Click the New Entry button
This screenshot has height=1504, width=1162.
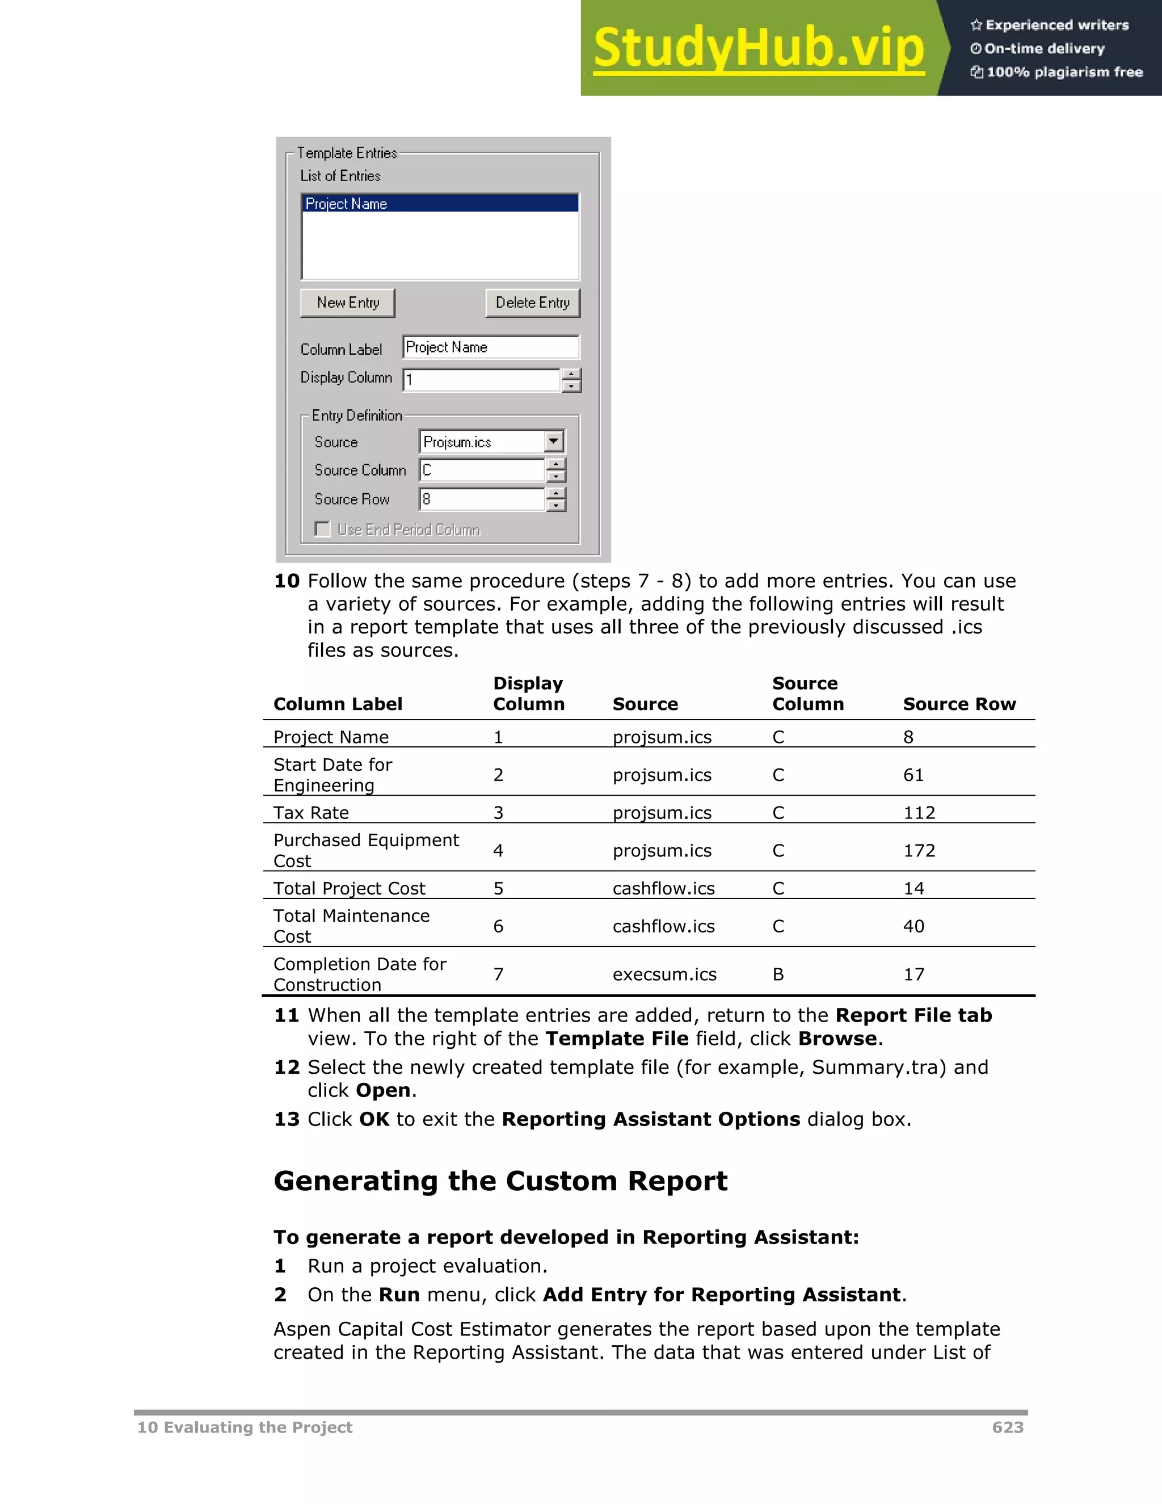click(348, 303)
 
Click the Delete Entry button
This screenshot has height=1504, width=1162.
click(532, 303)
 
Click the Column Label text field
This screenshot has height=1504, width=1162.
click(490, 347)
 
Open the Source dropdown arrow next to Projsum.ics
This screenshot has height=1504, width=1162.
click(553, 442)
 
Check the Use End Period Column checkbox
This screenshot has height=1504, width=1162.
click(322, 529)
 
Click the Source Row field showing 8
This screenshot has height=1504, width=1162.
click(482, 499)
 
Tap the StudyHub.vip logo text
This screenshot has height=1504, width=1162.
click(758, 48)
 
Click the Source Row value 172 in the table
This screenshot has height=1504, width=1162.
click(919, 851)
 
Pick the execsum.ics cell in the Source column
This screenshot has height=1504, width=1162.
click(664, 974)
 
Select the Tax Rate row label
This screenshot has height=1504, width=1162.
click(311, 813)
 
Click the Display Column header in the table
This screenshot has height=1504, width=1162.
click(529, 694)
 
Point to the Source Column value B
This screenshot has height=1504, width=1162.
click(778, 974)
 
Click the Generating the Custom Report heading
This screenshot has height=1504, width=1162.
click(500, 1181)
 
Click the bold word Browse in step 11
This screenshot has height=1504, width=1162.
click(837, 1039)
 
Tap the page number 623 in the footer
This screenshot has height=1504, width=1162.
click(1008, 1427)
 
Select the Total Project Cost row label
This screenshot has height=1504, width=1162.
click(349, 888)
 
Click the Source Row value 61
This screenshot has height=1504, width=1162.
click(913, 775)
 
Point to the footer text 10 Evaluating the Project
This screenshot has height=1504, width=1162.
click(245, 1427)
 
